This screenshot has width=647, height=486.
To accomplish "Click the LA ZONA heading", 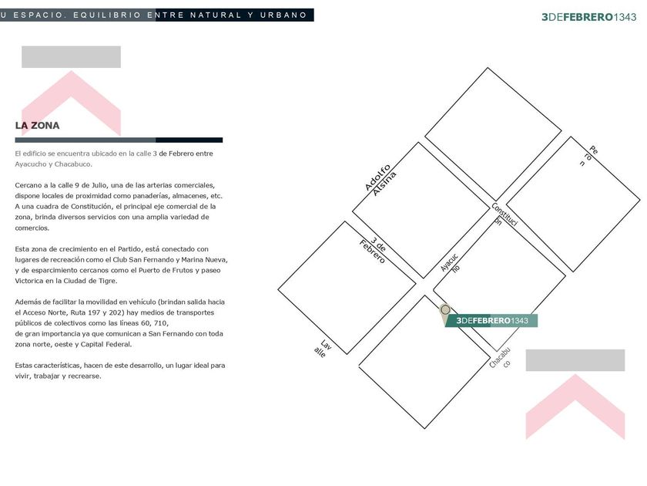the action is point(37,126).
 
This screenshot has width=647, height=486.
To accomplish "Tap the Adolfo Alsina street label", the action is point(380,181).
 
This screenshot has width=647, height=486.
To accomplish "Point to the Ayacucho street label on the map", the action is point(450,263).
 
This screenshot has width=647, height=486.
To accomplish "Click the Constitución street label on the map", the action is point(505,214).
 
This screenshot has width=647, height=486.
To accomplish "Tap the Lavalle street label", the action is point(323,349).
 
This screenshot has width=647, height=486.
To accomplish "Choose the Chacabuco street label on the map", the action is point(501,358).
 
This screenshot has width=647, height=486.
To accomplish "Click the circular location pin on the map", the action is point(445,309).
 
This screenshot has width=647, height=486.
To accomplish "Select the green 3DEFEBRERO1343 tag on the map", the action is point(491,321).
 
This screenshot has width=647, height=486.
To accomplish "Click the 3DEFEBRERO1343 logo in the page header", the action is point(588,17).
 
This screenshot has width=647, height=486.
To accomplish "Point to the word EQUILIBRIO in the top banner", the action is point(107,15).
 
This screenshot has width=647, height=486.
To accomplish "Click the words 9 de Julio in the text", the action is point(91,185).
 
